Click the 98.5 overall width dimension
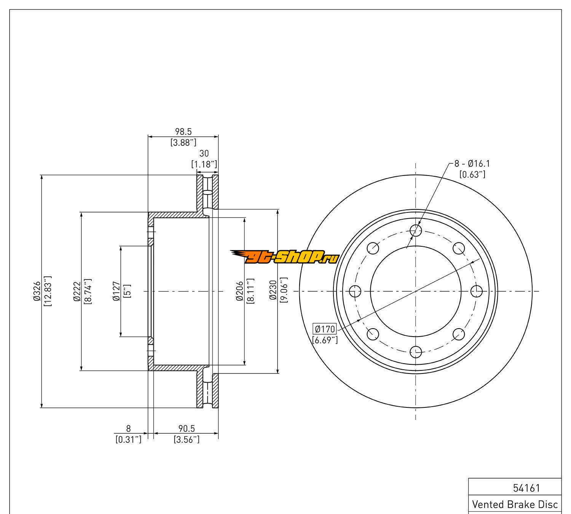tap(183, 132)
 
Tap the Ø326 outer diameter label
tap(37, 291)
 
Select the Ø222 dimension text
tap(77, 291)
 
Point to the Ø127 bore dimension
tap(116, 291)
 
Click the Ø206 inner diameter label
tap(239, 291)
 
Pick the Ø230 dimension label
tap(273, 291)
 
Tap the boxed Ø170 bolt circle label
tap(324, 328)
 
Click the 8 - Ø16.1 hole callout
tap(472, 164)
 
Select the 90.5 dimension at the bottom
tap(186, 429)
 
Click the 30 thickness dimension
tap(204, 153)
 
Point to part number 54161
tap(527, 488)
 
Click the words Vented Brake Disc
tap(515, 504)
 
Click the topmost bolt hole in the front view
tap(416, 230)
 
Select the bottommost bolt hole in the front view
tap(416, 352)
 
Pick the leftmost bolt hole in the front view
tap(355, 291)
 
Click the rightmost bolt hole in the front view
tap(476, 291)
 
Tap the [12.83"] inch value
tap(48, 291)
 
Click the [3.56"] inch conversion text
tap(186, 440)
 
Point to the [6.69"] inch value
tap(325, 340)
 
